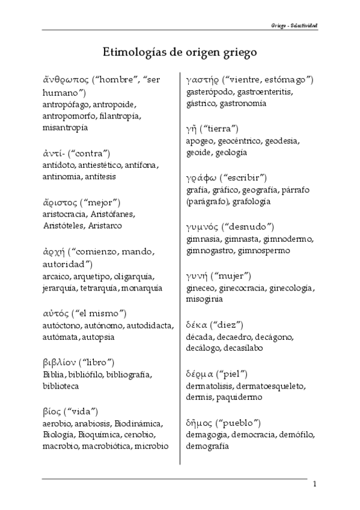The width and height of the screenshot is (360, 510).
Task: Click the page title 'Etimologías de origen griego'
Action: tap(180, 52)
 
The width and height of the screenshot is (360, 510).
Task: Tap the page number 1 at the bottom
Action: tap(314, 484)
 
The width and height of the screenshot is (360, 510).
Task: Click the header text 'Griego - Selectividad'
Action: tap(294, 26)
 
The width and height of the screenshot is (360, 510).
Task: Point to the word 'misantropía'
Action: tap(65, 127)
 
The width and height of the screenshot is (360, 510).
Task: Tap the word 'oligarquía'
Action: tap(133, 276)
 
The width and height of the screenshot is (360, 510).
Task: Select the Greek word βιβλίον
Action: tap(62, 362)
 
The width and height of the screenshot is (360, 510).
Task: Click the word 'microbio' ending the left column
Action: tap(151, 446)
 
